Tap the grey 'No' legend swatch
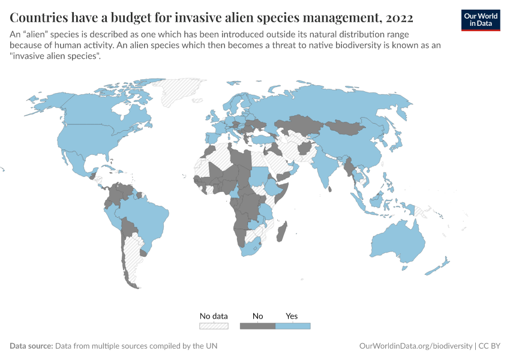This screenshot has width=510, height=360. (257, 326)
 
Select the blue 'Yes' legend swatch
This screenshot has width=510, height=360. (292, 326)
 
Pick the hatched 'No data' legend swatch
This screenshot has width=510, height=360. (214, 326)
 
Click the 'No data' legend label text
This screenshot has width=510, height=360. (214, 316)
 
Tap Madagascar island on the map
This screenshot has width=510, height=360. (284, 231)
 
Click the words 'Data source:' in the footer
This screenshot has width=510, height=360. (31, 346)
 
